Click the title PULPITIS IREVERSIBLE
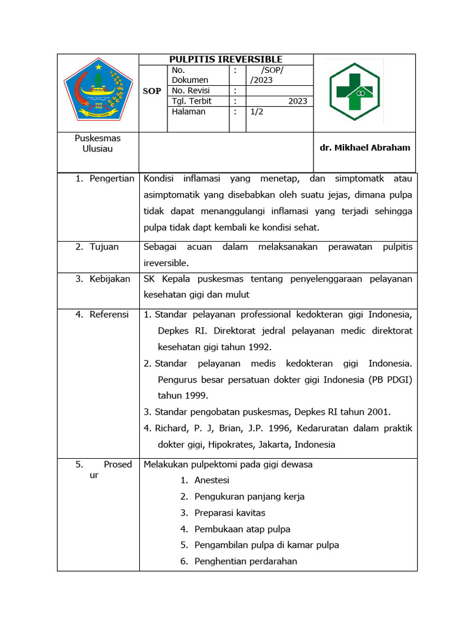[226, 59]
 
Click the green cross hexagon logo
[354, 91]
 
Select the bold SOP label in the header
[152, 91]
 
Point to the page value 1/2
[257, 112]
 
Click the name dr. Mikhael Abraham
[365, 147]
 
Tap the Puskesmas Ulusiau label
[98, 144]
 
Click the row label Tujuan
[104, 247]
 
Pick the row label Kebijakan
[110, 278]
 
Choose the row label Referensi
[109, 315]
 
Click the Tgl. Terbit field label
[193, 101]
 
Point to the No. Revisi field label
[191, 91]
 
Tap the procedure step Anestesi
[212, 480]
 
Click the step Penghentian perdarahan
[245, 561]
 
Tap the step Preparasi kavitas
[229, 513]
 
